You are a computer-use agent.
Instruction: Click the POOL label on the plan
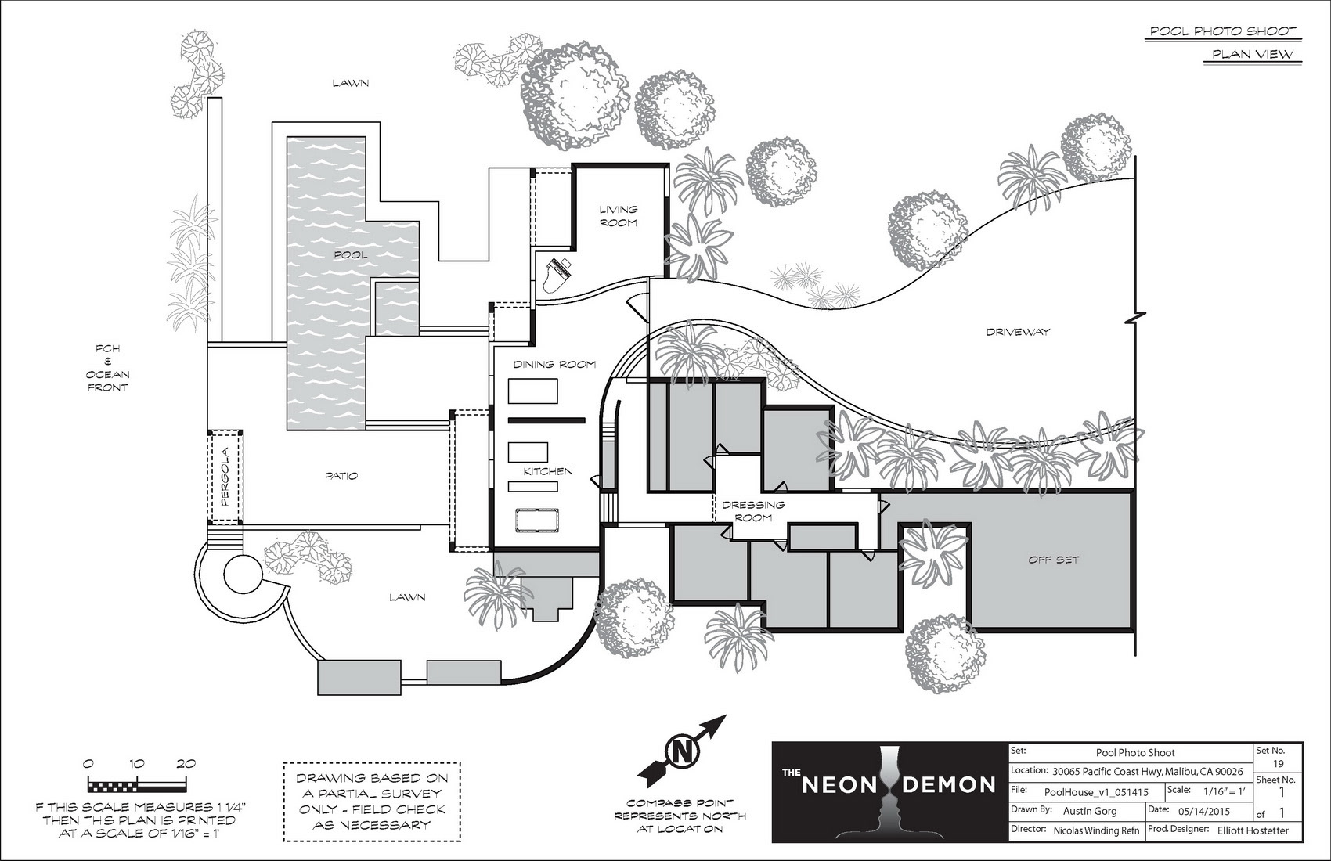[x=349, y=254]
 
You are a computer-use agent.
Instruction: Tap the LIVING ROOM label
[x=619, y=216]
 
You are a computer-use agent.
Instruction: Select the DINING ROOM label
[x=554, y=364]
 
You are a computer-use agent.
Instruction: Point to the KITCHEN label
[x=548, y=471]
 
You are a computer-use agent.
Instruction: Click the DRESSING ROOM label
[x=753, y=511]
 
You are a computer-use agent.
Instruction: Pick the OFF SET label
[x=1053, y=560]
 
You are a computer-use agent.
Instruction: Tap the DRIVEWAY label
[x=1017, y=332]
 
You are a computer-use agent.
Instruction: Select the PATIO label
[x=341, y=476]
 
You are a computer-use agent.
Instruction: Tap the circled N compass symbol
[x=680, y=753]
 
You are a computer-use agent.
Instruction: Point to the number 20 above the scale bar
[x=186, y=764]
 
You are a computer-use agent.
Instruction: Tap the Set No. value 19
[x=1278, y=763]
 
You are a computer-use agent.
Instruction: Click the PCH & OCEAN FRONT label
[x=107, y=368]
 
